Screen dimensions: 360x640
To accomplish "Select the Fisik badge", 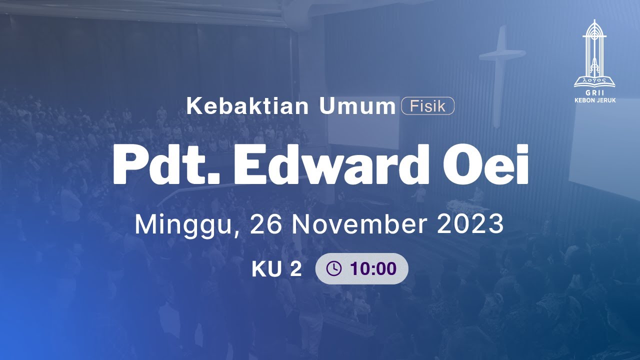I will (x=427, y=106).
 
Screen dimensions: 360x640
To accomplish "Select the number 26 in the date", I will (x=265, y=225).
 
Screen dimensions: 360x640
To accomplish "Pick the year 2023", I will (x=470, y=225).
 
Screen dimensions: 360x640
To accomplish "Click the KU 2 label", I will (x=276, y=269).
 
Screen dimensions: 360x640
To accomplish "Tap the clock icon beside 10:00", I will (x=333, y=269).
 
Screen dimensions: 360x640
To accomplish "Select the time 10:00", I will (x=373, y=269).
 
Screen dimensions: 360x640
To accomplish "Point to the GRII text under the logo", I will (x=594, y=93).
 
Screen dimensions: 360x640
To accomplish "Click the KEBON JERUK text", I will (x=594, y=100).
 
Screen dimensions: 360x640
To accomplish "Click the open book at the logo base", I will (x=594, y=80).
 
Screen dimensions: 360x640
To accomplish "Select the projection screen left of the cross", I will (x=363, y=122).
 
